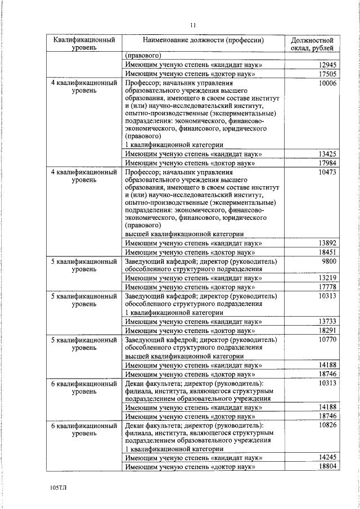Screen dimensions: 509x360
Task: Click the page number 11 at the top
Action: pyautogui.click(x=192, y=25)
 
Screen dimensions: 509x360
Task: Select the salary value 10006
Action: pyautogui.click(x=326, y=83)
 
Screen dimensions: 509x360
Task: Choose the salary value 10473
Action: pyautogui.click(x=326, y=172)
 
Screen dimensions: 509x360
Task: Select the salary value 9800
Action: pyautogui.click(x=328, y=261)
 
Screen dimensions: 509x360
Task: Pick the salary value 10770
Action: pyautogui.click(x=326, y=340)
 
